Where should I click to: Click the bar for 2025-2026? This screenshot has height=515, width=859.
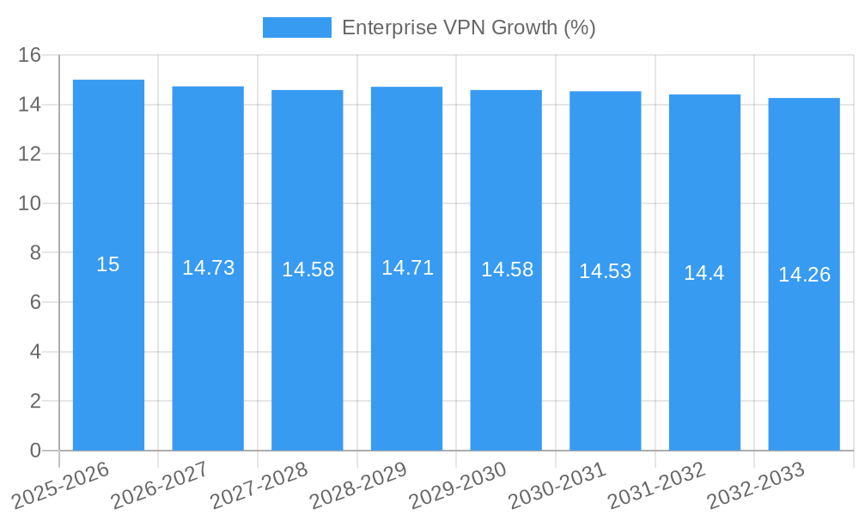[108, 343]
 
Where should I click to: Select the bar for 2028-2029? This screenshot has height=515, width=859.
[406, 343]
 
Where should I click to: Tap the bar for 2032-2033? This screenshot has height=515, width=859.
[804, 343]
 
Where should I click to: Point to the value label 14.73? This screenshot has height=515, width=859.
[208, 268]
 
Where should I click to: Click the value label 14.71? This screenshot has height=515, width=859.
[407, 268]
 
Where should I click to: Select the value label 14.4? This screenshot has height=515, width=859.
[704, 273]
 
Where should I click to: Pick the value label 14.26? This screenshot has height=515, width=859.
[804, 275]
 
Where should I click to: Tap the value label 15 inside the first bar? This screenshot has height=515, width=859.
[108, 264]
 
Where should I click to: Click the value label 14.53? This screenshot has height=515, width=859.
[605, 271]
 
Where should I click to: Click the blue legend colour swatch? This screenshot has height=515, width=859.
[296, 27]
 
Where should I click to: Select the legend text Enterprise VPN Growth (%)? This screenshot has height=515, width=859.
[468, 27]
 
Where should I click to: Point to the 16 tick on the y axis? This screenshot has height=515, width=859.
[30, 55]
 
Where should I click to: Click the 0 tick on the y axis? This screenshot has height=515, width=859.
[35, 451]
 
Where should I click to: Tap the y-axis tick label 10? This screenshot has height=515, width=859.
[30, 203]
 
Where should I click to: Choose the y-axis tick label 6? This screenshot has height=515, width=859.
[35, 302]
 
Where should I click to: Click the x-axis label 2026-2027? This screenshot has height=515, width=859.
[161, 485]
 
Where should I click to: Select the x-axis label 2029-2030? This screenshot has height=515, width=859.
[459, 485]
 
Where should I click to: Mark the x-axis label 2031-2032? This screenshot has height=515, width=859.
[657, 485]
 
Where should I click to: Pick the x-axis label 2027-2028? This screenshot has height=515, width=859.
[260, 485]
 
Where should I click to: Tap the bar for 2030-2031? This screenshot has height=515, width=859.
[606, 343]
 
